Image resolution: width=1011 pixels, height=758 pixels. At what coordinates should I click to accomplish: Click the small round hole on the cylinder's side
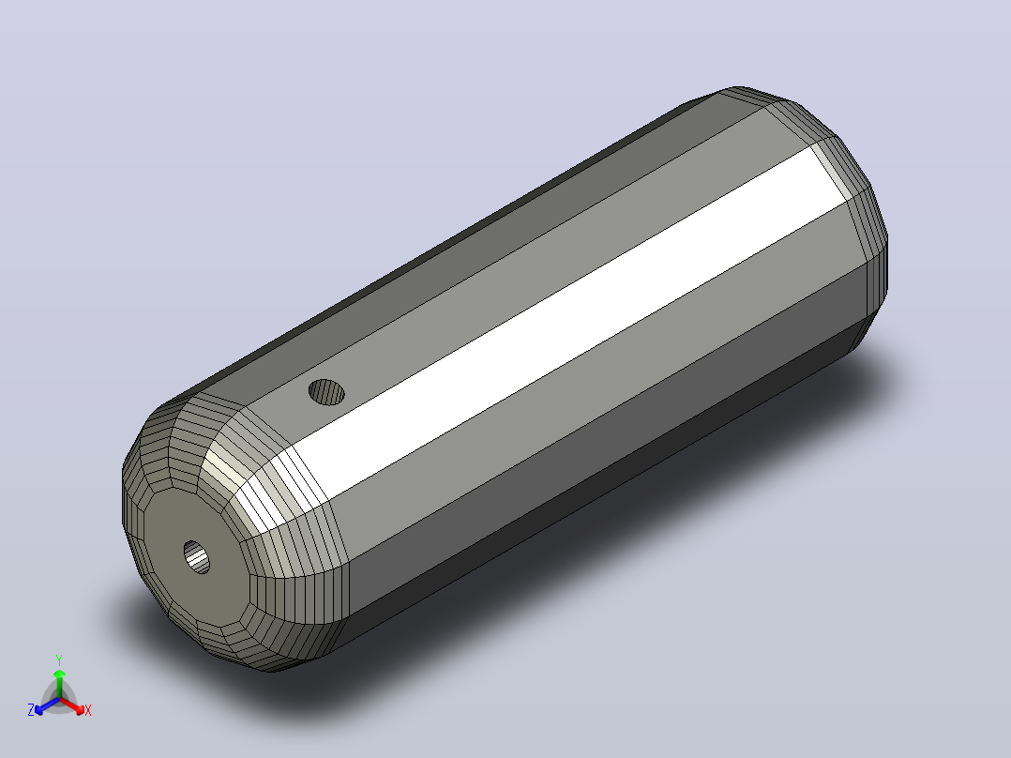coord(326,392)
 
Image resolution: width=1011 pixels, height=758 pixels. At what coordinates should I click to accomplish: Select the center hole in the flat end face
coord(197,557)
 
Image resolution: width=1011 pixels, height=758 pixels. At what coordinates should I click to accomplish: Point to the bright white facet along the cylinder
coord(567,323)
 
